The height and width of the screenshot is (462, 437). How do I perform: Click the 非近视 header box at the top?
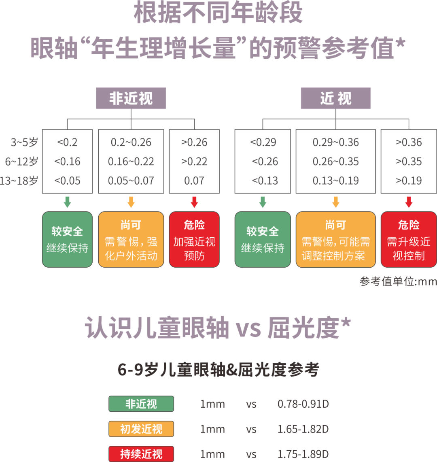pyautogui.click(x=131, y=98)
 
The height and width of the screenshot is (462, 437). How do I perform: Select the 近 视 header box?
pyautogui.click(x=335, y=98)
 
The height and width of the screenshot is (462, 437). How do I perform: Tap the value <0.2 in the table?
pyautogui.click(x=67, y=143)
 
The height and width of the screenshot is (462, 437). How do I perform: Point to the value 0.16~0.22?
pyautogui.click(x=131, y=162)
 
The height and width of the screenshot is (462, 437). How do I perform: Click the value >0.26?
pyautogui.click(x=194, y=143)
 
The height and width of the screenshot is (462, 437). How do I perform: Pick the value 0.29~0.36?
pyautogui.click(x=335, y=143)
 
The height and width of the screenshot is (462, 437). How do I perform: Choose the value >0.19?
pyautogui.click(x=409, y=181)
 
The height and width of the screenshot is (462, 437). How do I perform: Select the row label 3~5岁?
pyautogui.click(x=24, y=143)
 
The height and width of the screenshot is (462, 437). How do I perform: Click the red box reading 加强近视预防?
pyautogui.click(x=194, y=240)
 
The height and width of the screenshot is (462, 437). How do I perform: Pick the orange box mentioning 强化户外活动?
pyautogui.click(x=131, y=240)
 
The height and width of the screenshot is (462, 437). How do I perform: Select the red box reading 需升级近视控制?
pyautogui.click(x=409, y=240)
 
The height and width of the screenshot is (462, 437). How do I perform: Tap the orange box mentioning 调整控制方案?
pyautogui.click(x=335, y=240)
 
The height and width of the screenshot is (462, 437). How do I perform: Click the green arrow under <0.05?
pyautogui.click(x=67, y=202)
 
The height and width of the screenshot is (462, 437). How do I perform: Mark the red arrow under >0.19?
pyautogui.click(x=409, y=202)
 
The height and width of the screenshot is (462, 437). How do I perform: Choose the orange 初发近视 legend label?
pyautogui.click(x=141, y=429)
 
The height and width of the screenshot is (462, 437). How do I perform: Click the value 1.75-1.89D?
pyautogui.click(x=303, y=454)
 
